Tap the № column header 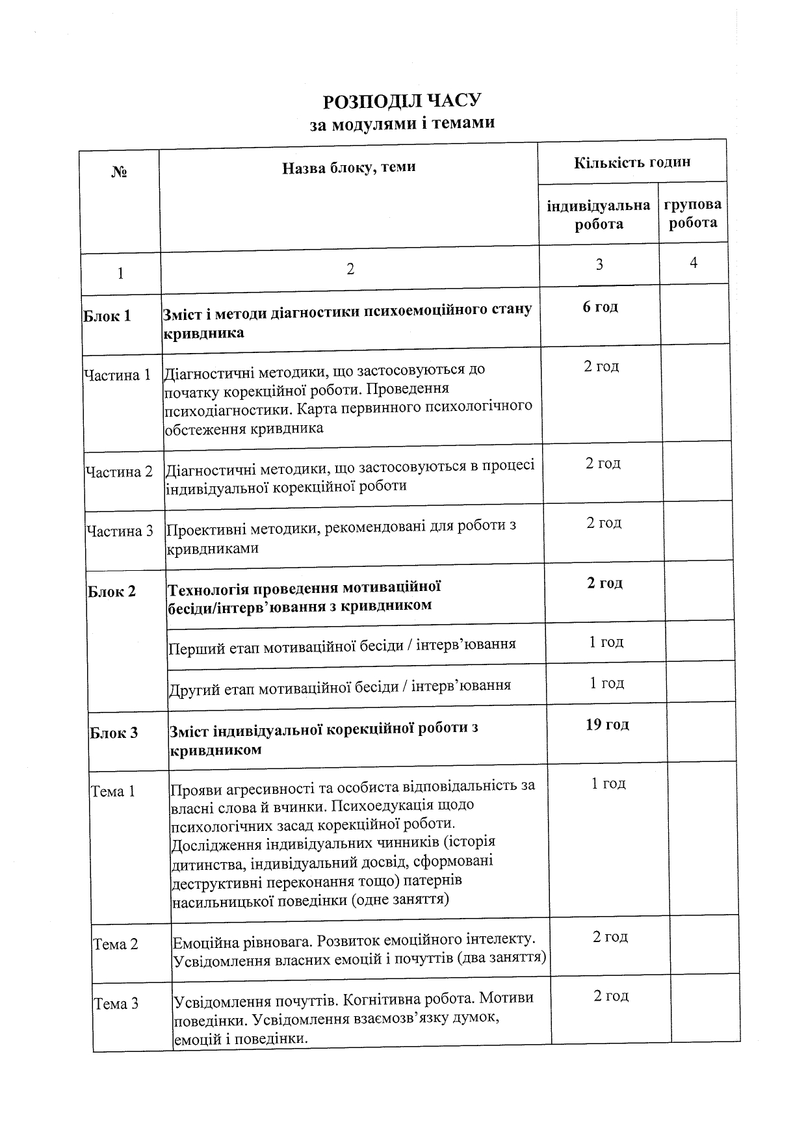point(119,172)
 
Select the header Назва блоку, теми point(348,167)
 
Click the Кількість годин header point(631,162)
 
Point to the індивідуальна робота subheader point(599,215)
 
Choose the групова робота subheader point(692,213)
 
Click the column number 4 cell point(694,263)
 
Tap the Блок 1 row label point(107,316)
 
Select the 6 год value point(600,307)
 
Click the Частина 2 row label point(119,471)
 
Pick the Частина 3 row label point(120,531)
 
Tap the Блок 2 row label point(112,592)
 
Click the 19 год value point(607,724)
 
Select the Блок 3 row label point(114,733)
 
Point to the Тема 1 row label point(113,791)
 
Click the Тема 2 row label point(116,944)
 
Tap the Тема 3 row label point(116,1004)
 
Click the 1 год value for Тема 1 point(608,783)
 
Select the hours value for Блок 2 point(604,583)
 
